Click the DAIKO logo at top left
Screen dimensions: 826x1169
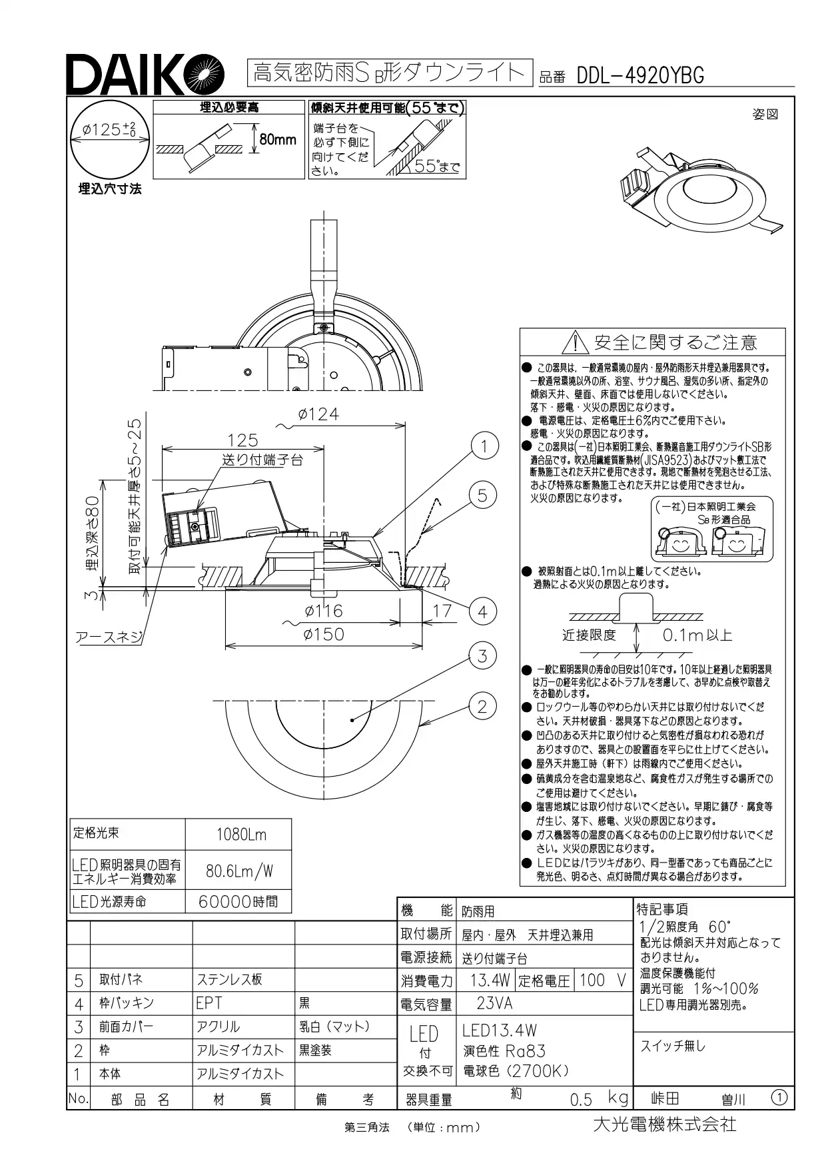coord(141,74)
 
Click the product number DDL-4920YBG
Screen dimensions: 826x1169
coord(640,75)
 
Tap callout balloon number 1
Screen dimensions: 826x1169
coord(484,446)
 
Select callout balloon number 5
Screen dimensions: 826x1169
coord(483,495)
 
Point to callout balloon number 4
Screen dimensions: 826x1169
coord(483,612)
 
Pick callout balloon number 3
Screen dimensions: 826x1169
coord(483,656)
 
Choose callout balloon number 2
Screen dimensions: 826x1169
coord(483,706)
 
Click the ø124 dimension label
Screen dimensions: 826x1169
coord(319,414)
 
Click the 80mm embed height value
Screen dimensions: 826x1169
coord(277,140)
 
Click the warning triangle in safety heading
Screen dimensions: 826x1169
coord(575,343)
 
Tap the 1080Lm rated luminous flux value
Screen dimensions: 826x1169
coord(241,835)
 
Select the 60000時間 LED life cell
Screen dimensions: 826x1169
coord(238,902)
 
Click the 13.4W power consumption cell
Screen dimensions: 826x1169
coord(490,980)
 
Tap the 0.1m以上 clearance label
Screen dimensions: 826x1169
coord(697,635)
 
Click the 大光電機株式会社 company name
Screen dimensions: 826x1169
coord(664,1124)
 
